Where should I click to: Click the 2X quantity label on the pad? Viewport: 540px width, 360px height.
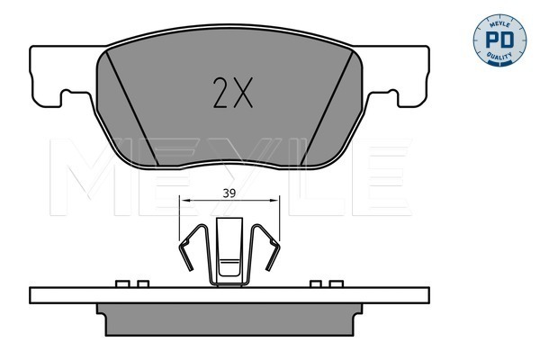pos(233,93)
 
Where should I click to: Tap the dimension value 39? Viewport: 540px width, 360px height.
pos(229,193)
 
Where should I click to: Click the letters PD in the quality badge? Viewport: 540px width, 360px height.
pos(499,40)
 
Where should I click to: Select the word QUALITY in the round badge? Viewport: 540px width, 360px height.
pos(499,56)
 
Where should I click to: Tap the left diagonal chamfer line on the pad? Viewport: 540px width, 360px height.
pos(132,108)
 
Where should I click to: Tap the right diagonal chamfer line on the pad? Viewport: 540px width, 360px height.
pos(328,108)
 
